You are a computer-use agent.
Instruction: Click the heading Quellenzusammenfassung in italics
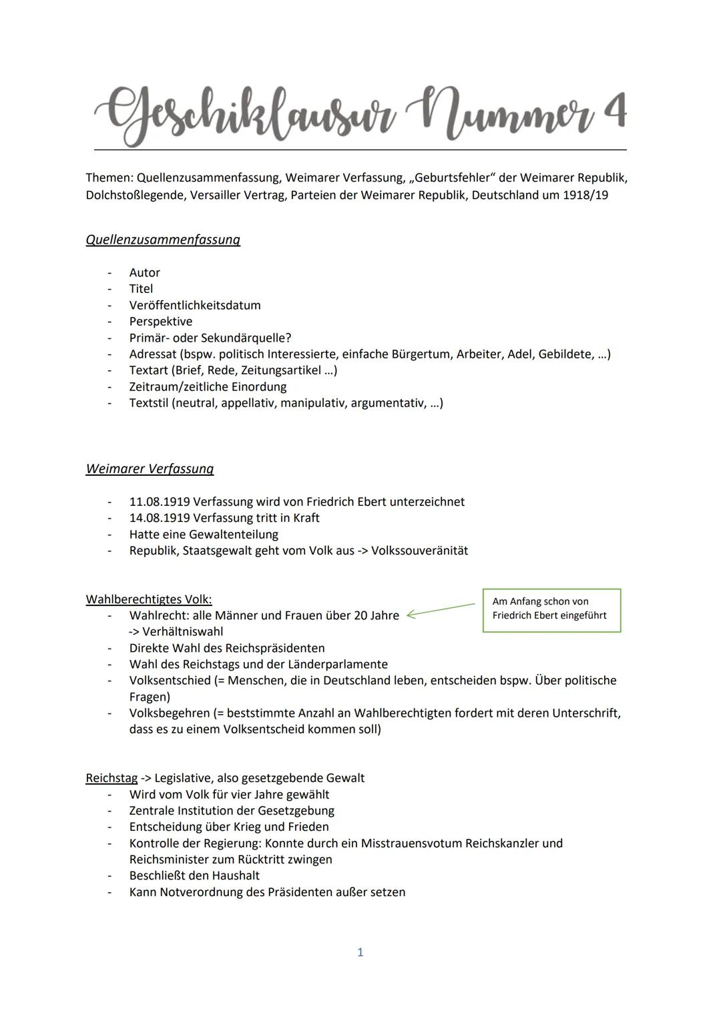163,240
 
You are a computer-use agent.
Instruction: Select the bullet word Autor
144,272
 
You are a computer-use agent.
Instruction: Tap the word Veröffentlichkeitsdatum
195,305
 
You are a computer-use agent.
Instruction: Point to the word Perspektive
160,321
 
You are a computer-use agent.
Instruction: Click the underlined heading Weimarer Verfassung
150,468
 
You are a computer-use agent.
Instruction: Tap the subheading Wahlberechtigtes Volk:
149,599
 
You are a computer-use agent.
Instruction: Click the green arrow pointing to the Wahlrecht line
441,610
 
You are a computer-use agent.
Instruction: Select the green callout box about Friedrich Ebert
551,609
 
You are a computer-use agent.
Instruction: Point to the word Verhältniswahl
182,631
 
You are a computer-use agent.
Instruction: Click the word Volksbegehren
169,713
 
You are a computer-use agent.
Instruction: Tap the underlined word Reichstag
111,777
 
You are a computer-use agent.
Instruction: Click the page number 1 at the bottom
360,952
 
